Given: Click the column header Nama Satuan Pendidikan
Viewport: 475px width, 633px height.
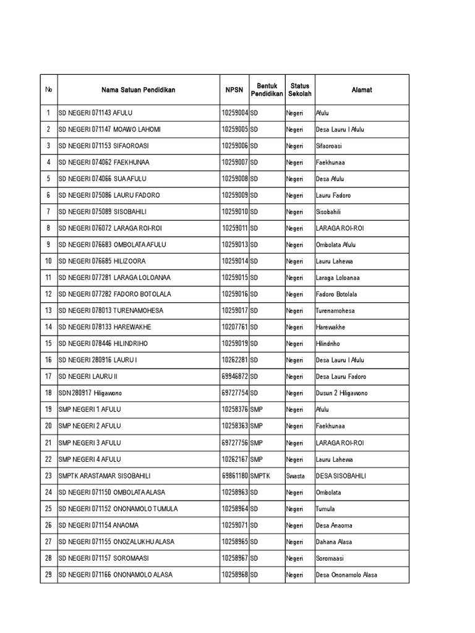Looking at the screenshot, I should coord(139,90).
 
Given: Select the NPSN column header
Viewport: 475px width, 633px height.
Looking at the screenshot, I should coord(234,90).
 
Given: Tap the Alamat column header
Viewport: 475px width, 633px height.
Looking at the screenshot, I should coord(362,90).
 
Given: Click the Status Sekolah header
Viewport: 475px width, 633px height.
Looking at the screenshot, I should coord(300,90).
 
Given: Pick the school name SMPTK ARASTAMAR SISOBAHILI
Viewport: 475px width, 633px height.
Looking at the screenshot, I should coord(105,476).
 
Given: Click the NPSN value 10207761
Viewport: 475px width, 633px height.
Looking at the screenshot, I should coord(234,327).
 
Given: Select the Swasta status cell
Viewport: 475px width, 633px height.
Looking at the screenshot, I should coord(296,476).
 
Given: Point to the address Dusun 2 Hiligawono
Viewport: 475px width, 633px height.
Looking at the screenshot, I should coord(341,393).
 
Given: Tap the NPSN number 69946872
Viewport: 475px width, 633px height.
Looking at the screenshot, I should coord(234,376).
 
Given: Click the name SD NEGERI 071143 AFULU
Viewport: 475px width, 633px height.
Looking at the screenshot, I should coord(95,113).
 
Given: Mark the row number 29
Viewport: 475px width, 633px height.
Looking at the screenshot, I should coord(48,575).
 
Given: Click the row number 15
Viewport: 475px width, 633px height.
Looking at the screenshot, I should coord(48,344).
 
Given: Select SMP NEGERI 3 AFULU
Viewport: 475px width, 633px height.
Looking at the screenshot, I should coord(90,443).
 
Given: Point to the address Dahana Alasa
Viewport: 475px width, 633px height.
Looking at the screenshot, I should coord(333,542).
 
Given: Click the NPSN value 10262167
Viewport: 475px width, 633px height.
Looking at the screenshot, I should coord(234,459).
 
